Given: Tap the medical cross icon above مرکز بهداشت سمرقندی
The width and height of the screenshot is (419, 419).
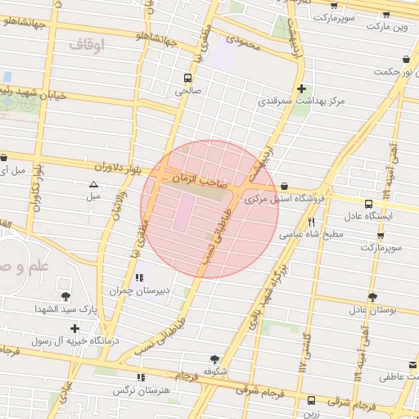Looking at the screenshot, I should point(302,88).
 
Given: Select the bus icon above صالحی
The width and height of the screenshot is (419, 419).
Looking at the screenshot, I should point(187,79).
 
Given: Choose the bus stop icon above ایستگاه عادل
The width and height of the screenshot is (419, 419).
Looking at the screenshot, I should point(368,203).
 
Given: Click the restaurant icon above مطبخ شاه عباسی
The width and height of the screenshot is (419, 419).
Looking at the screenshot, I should point(311,221).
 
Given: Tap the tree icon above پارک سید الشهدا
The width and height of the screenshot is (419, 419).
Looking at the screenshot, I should point(65,296).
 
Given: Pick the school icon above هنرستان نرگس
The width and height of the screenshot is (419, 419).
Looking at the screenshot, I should point(141,377).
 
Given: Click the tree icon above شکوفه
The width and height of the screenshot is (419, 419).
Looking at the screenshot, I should point(214,358).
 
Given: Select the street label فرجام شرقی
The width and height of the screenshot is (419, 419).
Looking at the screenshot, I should point(351,404).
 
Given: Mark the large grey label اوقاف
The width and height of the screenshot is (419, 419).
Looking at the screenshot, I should point(88,46).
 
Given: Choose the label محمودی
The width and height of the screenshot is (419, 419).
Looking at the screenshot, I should point(245,41).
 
